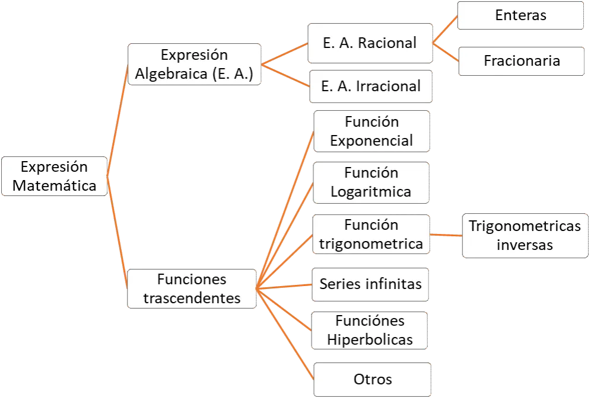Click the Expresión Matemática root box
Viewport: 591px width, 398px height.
[54, 176]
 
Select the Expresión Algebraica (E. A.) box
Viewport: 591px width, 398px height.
[195, 64]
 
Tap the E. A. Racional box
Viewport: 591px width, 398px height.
[370, 43]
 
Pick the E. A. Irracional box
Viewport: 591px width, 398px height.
[371, 86]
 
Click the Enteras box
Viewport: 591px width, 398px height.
[520, 15]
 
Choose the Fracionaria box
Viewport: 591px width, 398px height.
[521, 60]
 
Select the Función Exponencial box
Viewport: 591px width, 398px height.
[371, 131]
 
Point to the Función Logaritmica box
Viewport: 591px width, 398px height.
[371, 182]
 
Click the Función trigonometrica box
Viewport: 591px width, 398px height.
[371, 234]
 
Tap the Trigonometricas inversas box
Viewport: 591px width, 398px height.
[525, 235]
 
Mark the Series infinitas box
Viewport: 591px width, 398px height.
[370, 284]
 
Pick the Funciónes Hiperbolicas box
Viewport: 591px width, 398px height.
[370, 330]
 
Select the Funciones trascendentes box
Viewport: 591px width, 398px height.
[192, 288]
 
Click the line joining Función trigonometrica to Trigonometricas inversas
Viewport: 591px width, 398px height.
[446, 235]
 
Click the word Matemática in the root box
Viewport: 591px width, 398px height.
[54, 185]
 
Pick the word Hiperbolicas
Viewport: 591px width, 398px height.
[370, 339]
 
